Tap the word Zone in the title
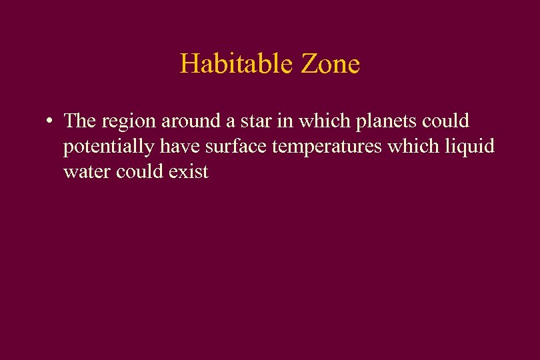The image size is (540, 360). pyautogui.click(x=331, y=64)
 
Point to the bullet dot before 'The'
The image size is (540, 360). pyautogui.click(x=49, y=121)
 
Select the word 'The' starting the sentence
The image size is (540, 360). pyautogui.click(x=80, y=121)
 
